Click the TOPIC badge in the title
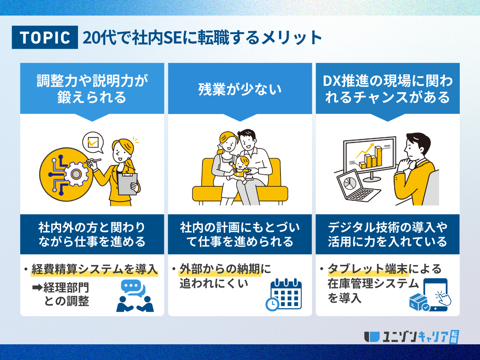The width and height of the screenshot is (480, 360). coord(45,37)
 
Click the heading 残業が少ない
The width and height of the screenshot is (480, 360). coord(240,89)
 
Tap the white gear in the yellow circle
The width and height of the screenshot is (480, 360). coord(76,174)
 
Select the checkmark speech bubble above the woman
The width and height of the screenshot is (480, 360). coord(93,142)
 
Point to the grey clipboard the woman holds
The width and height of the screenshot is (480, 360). coord(128,184)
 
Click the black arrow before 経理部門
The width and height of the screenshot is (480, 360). coord(37,288)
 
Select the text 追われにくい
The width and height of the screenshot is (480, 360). coord(214,283)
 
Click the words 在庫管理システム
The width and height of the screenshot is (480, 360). coord(373,283)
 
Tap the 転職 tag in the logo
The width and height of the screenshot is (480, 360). coord(454,337)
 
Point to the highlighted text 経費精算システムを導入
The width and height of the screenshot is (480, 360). coord(94,269)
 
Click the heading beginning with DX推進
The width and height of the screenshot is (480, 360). coord(387,89)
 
